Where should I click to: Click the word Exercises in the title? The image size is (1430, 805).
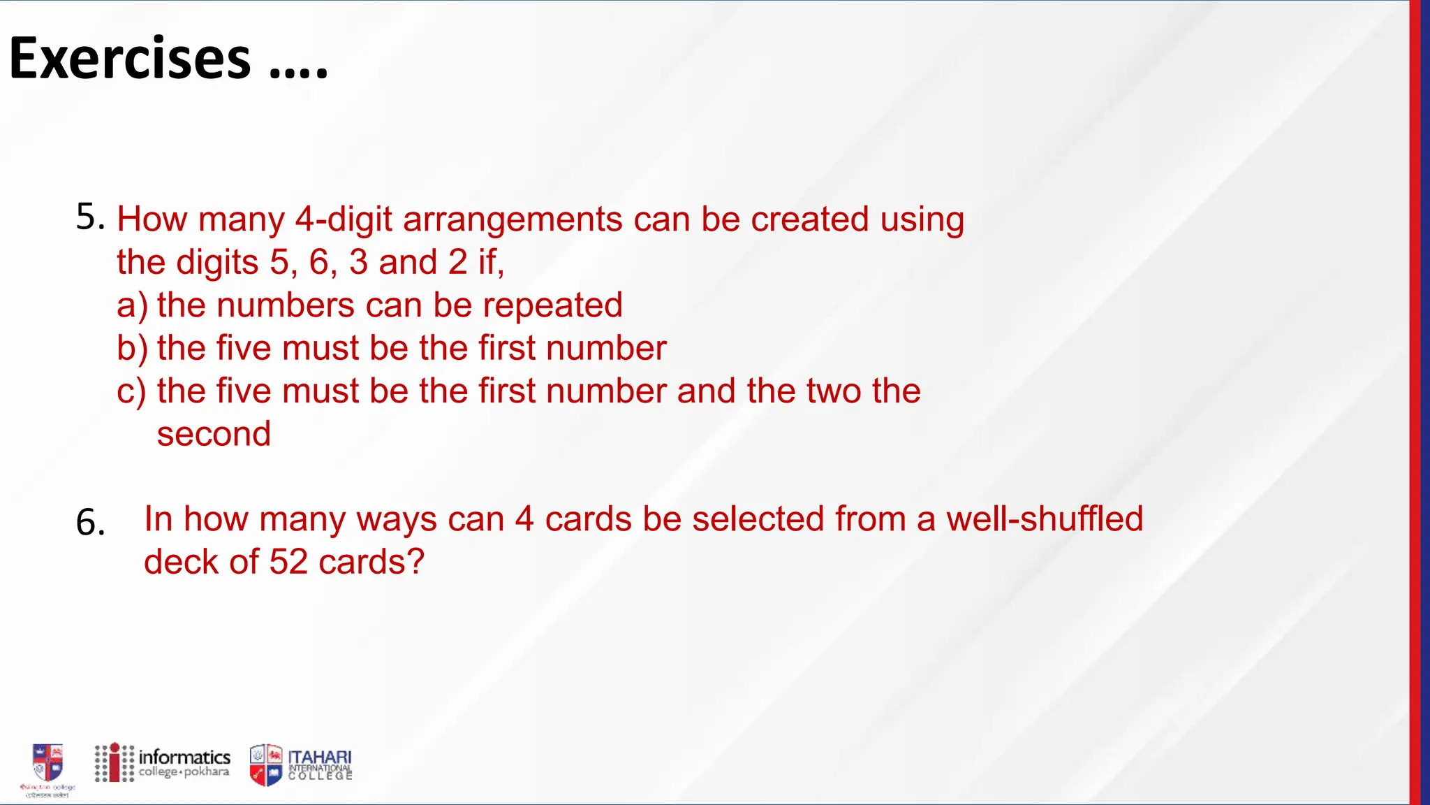click(x=130, y=59)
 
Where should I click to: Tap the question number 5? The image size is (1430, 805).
click(x=89, y=217)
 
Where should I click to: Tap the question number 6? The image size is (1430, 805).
click(x=89, y=523)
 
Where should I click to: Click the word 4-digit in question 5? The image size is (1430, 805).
click(x=343, y=219)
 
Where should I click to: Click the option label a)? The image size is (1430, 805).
click(x=132, y=306)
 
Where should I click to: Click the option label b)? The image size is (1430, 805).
click(x=132, y=348)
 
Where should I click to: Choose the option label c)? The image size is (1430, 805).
click(x=131, y=391)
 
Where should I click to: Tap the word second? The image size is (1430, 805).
click(x=214, y=434)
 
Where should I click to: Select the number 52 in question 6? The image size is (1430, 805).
click(x=288, y=562)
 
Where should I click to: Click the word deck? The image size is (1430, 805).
click(x=182, y=562)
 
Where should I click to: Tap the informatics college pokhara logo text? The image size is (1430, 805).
click(x=184, y=763)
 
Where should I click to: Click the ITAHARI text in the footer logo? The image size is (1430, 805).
click(x=320, y=757)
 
